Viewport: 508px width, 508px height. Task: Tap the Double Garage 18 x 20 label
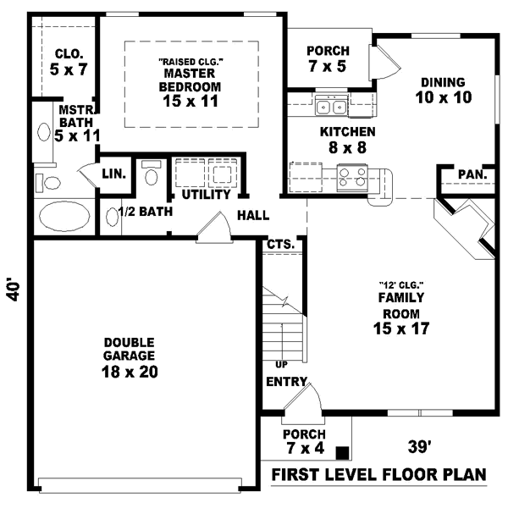pyautogui.click(x=130, y=356)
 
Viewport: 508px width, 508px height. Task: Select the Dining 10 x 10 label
pyautogui.click(x=443, y=89)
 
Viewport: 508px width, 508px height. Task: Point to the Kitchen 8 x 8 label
pyautogui.click(x=347, y=140)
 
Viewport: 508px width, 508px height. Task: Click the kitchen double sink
pyautogui.click(x=330, y=107)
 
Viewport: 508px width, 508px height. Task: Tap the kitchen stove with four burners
pyautogui.click(x=352, y=178)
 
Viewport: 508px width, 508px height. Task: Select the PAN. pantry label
pyautogui.click(x=471, y=175)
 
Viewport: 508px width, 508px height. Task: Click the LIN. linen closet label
pyautogui.click(x=113, y=174)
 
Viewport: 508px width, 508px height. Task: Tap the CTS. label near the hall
pyautogui.click(x=280, y=244)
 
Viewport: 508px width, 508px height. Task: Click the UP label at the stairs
pyautogui.click(x=281, y=365)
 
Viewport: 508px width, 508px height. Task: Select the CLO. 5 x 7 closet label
pyautogui.click(x=69, y=61)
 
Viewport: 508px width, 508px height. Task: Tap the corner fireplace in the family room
pyautogui.click(x=466, y=227)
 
